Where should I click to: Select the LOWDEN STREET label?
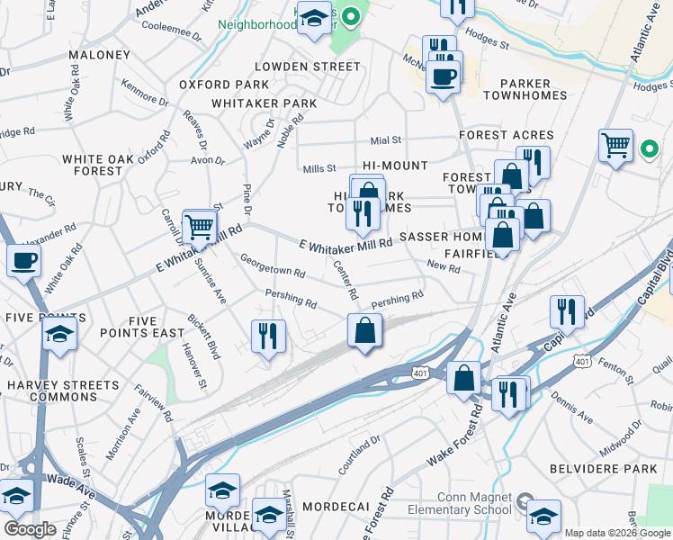[x=307, y=67]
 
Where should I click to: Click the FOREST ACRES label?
[x=506, y=135]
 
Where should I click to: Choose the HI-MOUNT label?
[x=396, y=166]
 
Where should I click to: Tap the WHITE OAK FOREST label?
[x=92, y=165]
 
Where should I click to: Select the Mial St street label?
[x=385, y=140]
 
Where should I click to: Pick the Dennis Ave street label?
[x=572, y=406]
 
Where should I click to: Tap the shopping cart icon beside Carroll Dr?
[x=199, y=226]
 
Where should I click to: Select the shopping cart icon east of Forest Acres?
[x=615, y=144]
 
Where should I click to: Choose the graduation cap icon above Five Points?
[x=59, y=334]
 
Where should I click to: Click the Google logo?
[x=31, y=528]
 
